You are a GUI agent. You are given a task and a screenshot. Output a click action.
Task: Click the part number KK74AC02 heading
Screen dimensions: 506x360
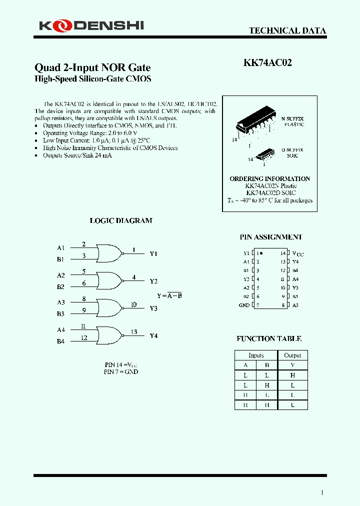267,63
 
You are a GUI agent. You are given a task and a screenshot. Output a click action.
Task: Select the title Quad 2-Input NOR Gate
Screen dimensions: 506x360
92,67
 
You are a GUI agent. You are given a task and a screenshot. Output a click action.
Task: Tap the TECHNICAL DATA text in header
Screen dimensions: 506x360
287,30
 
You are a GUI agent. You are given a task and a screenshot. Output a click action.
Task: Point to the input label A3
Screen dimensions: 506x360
60,302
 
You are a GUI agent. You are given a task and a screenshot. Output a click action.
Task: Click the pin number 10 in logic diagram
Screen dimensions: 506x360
133,304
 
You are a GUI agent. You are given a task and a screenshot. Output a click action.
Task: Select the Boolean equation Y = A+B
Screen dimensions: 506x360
169,295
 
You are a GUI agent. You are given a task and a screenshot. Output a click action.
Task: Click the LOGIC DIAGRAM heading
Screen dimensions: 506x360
120,220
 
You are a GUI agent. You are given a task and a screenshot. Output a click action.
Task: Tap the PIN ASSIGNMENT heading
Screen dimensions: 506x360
271,237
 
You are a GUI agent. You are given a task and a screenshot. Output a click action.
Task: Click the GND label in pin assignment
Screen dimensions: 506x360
244,305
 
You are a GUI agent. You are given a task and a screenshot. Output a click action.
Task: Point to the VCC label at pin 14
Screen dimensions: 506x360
297,253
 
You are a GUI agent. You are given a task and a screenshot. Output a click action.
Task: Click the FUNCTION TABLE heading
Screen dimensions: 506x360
269,338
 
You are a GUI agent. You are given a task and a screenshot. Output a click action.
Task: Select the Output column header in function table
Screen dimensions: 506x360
292,355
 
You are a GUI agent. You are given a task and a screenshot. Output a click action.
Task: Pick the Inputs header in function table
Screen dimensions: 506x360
256,355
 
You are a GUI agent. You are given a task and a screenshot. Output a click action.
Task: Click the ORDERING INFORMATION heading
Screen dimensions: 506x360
269,178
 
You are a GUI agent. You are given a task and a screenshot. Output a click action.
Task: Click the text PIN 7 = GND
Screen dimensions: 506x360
120,371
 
